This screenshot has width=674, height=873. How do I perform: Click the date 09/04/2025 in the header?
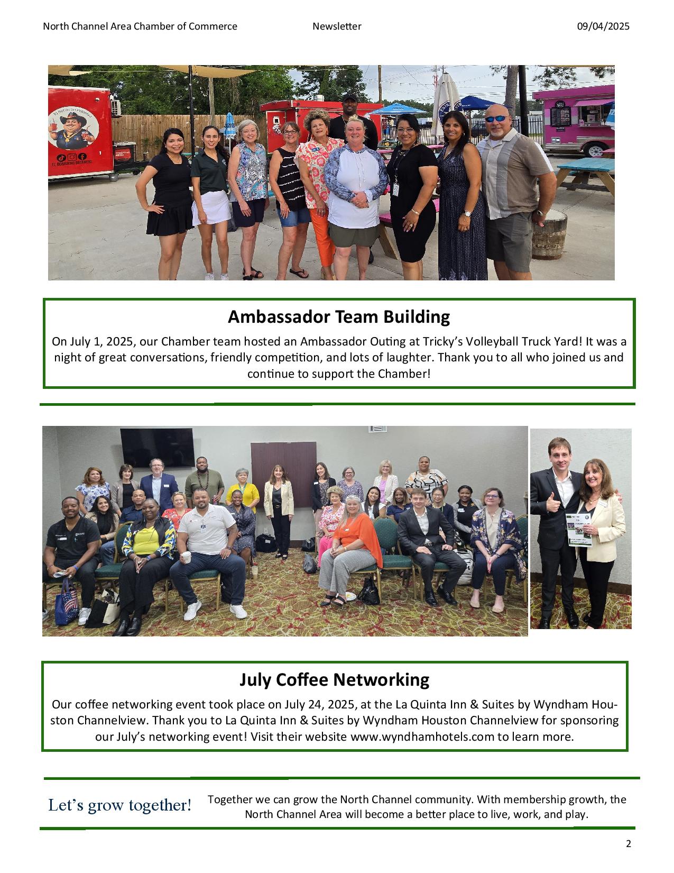pyautogui.click(x=603, y=26)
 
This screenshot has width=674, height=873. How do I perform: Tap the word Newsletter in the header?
pyautogui.click(x=337, y=26)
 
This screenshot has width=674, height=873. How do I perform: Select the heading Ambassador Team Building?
pyautogui.click(x=338, y=316)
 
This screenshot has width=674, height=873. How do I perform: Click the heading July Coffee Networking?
pyautogui.click(x=334, y=679)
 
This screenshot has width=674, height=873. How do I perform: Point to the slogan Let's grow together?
pyautogui.click(x=120, y=805)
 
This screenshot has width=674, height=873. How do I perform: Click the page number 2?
pyautogui.click(x=629, y=844)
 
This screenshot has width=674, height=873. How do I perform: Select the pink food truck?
pyautogui.click(x=574, y=116)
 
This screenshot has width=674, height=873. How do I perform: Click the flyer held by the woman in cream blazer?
pyautogui.click(x=579, y=529)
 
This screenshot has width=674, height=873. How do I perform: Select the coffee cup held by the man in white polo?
pyautogui.click(x=187, y=558)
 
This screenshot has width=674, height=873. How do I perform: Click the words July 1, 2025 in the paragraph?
pyautogui.click(x=102, y=341)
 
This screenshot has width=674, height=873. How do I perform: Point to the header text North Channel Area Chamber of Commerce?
pyautogui.click(x=140, y=26)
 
